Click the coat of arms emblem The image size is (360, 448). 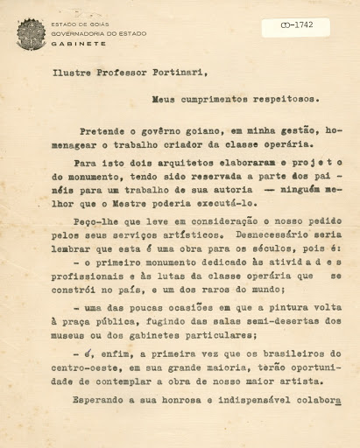tap(32, 34)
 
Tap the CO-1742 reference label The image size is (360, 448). tap(293, 26)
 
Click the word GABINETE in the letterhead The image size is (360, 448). tap(72, 41)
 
